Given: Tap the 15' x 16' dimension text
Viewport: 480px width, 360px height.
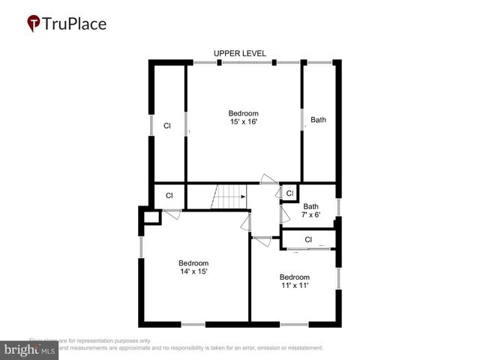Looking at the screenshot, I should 244,121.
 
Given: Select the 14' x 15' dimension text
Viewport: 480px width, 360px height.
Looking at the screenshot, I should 193,271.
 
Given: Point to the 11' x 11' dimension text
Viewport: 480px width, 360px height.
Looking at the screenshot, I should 294,285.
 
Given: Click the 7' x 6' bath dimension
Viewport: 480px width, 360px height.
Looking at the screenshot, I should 310,214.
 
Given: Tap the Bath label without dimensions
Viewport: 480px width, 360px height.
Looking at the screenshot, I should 319,119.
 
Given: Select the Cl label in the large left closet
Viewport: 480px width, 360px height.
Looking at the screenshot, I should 167,126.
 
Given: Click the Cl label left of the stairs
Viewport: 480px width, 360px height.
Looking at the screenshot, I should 169,196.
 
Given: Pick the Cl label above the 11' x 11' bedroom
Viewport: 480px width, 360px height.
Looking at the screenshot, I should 308,240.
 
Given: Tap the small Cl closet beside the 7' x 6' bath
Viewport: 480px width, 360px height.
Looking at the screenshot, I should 289,193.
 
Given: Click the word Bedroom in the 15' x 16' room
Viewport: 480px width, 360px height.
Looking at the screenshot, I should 244,113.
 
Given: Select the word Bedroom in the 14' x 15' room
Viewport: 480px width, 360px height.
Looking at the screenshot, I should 193,263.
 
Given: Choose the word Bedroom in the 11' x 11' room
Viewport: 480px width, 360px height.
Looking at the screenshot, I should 294,277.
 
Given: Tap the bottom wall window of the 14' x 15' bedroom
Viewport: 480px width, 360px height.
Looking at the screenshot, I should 193,324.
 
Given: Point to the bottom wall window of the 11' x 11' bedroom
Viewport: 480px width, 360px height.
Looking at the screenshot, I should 294,324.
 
